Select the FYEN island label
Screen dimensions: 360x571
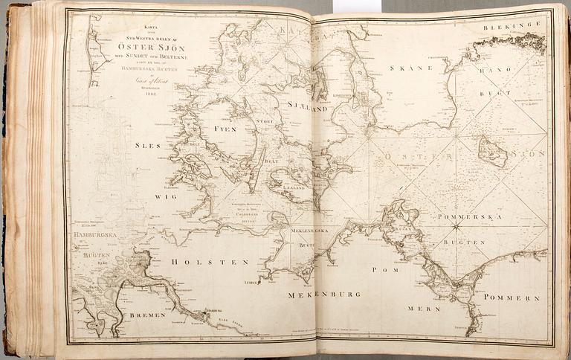click(225, 129)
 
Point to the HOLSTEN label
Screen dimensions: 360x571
click(199, 262)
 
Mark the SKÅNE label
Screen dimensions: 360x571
click(408, 68)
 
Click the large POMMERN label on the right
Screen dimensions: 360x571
click(511, 297)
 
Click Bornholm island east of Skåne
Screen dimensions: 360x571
click(492, 152)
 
